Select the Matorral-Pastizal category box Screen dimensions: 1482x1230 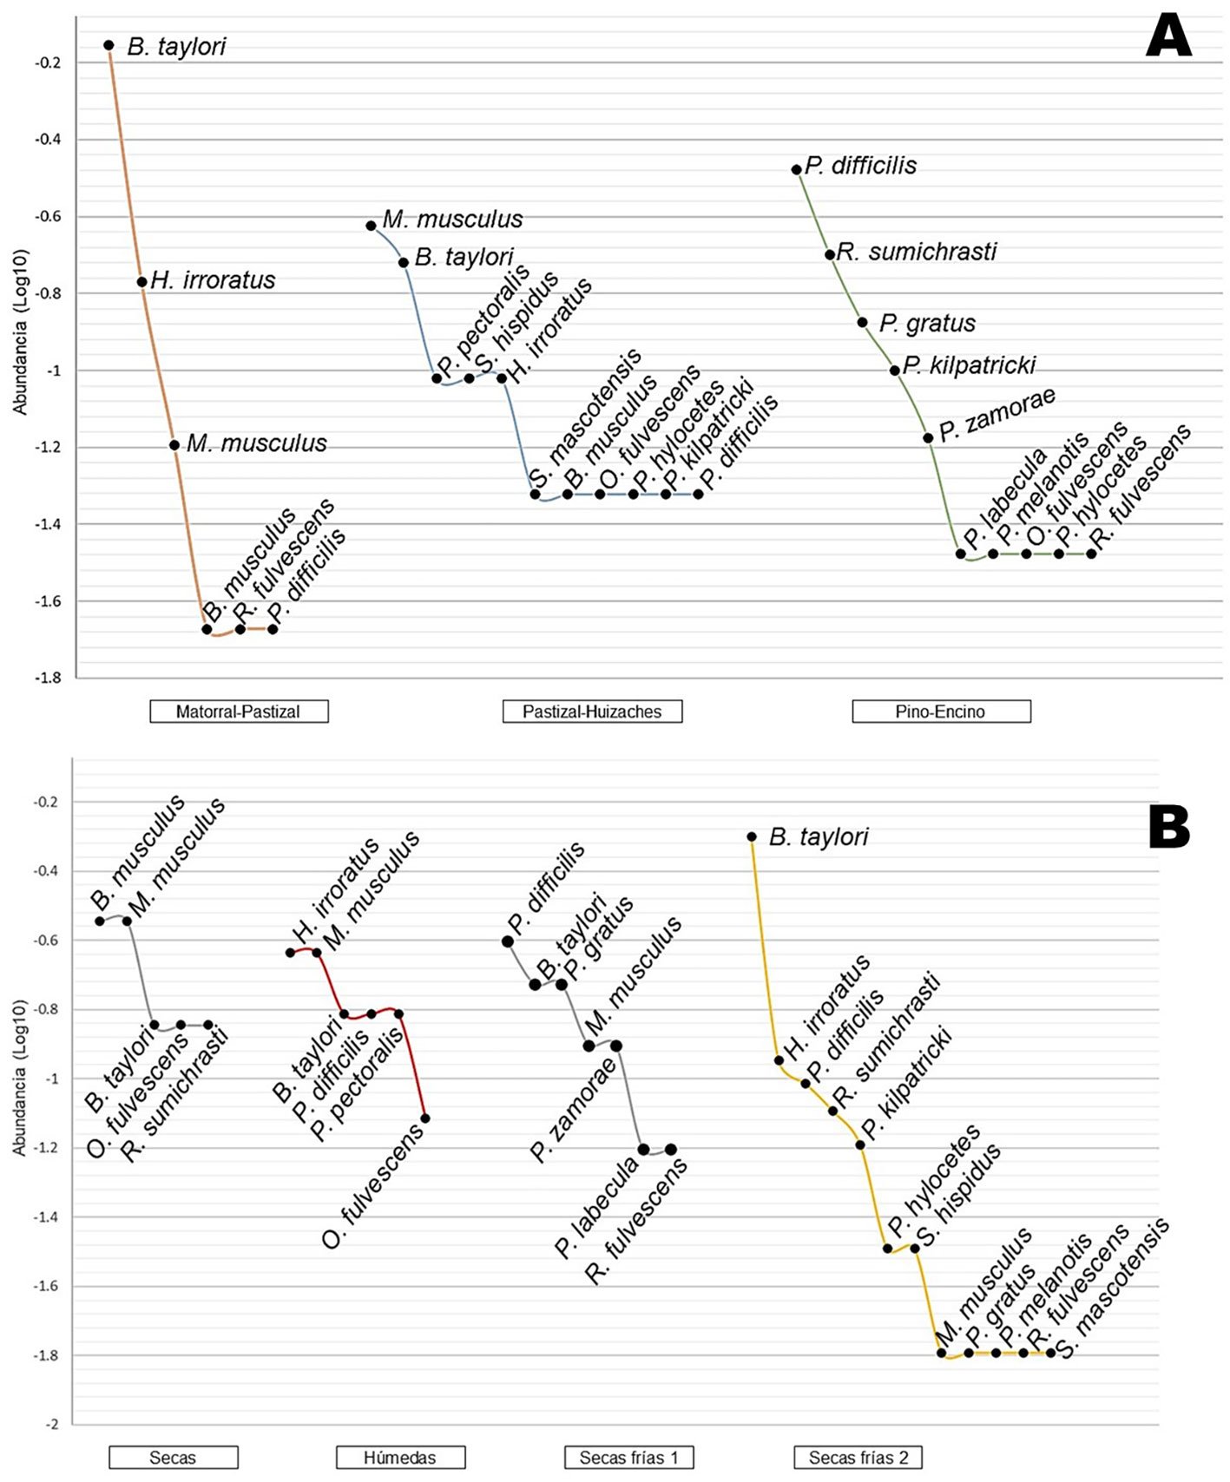tap(239, 711)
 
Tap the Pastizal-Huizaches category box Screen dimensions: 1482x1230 tap(592, 711)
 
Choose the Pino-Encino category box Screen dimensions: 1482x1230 tap(941, 711)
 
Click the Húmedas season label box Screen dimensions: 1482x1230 tap(400, 1458)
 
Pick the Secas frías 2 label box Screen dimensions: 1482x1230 tap(858, 1458)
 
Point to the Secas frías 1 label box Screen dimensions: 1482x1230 tap(628, 1458)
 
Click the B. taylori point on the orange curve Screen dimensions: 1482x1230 tap(109, 45)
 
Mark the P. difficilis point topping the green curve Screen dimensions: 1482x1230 tap(797, 170)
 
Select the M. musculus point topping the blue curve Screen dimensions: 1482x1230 tap(372, 226)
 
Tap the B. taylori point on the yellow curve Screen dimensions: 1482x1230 tap(752, 837)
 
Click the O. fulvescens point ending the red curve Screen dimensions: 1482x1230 tap(425, 1118)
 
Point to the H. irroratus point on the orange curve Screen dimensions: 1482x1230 tap(142, 282)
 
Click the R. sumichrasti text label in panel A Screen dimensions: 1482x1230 tap(917, 252)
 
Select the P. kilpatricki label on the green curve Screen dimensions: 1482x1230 tap(969, 365)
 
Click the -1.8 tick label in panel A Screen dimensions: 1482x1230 tap(48, 679)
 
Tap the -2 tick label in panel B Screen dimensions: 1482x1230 tap(52, 1425)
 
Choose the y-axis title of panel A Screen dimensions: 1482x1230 tap(20, 332)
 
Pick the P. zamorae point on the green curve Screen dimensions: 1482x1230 tap(928, 438)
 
